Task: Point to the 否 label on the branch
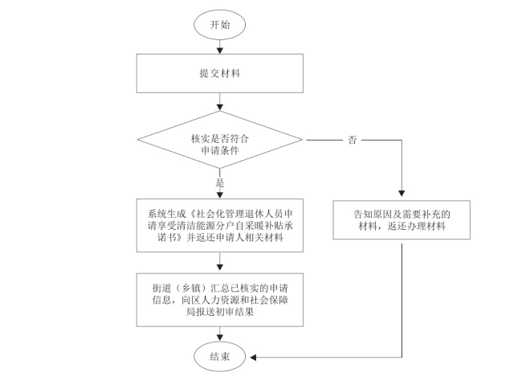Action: (352, 140)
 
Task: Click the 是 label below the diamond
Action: (220, 182)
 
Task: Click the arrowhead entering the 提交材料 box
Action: (220, 51)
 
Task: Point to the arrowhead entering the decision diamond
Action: (220, 107)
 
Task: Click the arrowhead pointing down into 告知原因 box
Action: (402, 194)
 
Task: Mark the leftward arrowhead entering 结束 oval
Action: (253, 358)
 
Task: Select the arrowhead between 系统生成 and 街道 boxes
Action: (220, 267)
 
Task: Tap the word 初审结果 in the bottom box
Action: (234, 312)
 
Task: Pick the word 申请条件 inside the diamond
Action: (220, 150)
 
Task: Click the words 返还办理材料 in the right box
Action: (416, 227)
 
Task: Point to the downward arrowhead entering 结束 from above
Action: (220, 338)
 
